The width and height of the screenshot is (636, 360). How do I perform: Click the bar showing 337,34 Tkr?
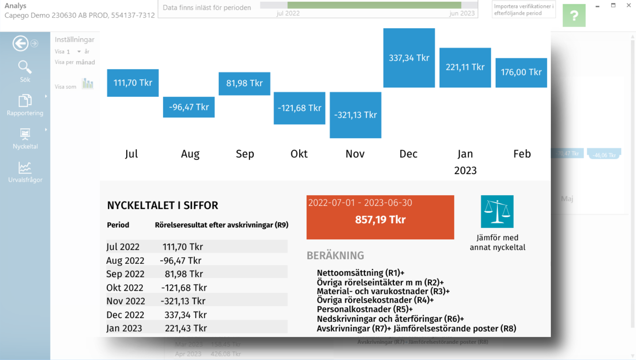[x=409, y=58]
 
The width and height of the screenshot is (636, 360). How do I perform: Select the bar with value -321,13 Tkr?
[x=355, y=115]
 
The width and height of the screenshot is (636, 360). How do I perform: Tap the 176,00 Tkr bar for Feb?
[x=521, y=72]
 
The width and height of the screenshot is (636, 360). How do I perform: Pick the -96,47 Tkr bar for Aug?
[x=188, y=107]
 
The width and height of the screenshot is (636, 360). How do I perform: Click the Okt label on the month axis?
[x=299, y=154]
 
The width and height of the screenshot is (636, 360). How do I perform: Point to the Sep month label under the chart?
[x=245, y=154]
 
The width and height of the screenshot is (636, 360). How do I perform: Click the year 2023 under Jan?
[x=465, y=170]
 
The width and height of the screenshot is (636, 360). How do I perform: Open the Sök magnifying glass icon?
[x=25, y=67]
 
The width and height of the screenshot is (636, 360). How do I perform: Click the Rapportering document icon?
[x=25, y=101]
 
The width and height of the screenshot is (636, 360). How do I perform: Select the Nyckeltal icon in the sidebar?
[x=25, y=134]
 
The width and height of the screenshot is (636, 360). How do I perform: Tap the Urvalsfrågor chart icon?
[x=25, y=168]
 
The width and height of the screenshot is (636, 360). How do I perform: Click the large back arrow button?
[x=20, y=43]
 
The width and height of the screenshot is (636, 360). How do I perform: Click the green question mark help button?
[x=574, y=15]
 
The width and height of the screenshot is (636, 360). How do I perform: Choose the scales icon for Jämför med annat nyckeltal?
[x=497, y=212]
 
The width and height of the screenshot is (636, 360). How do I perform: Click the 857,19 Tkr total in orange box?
[x=380, y=220]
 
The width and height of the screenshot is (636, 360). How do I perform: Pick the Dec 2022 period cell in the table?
[x=125, y=315]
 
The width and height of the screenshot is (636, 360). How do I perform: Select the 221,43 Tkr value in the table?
[x=186, y=328]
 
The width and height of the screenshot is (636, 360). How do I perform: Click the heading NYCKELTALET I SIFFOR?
[x=163, y=205]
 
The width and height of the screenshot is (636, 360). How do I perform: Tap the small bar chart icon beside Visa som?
[x=88, y=84]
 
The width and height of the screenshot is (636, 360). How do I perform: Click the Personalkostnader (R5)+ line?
[x=365, y=309]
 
